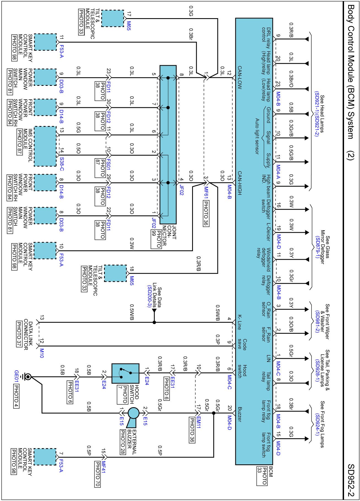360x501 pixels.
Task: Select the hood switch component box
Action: point(125,373)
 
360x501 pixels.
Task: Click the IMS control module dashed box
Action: point(45,146)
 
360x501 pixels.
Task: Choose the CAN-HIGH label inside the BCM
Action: point(239,184)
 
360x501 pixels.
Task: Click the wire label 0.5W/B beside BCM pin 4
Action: point(218,313)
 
